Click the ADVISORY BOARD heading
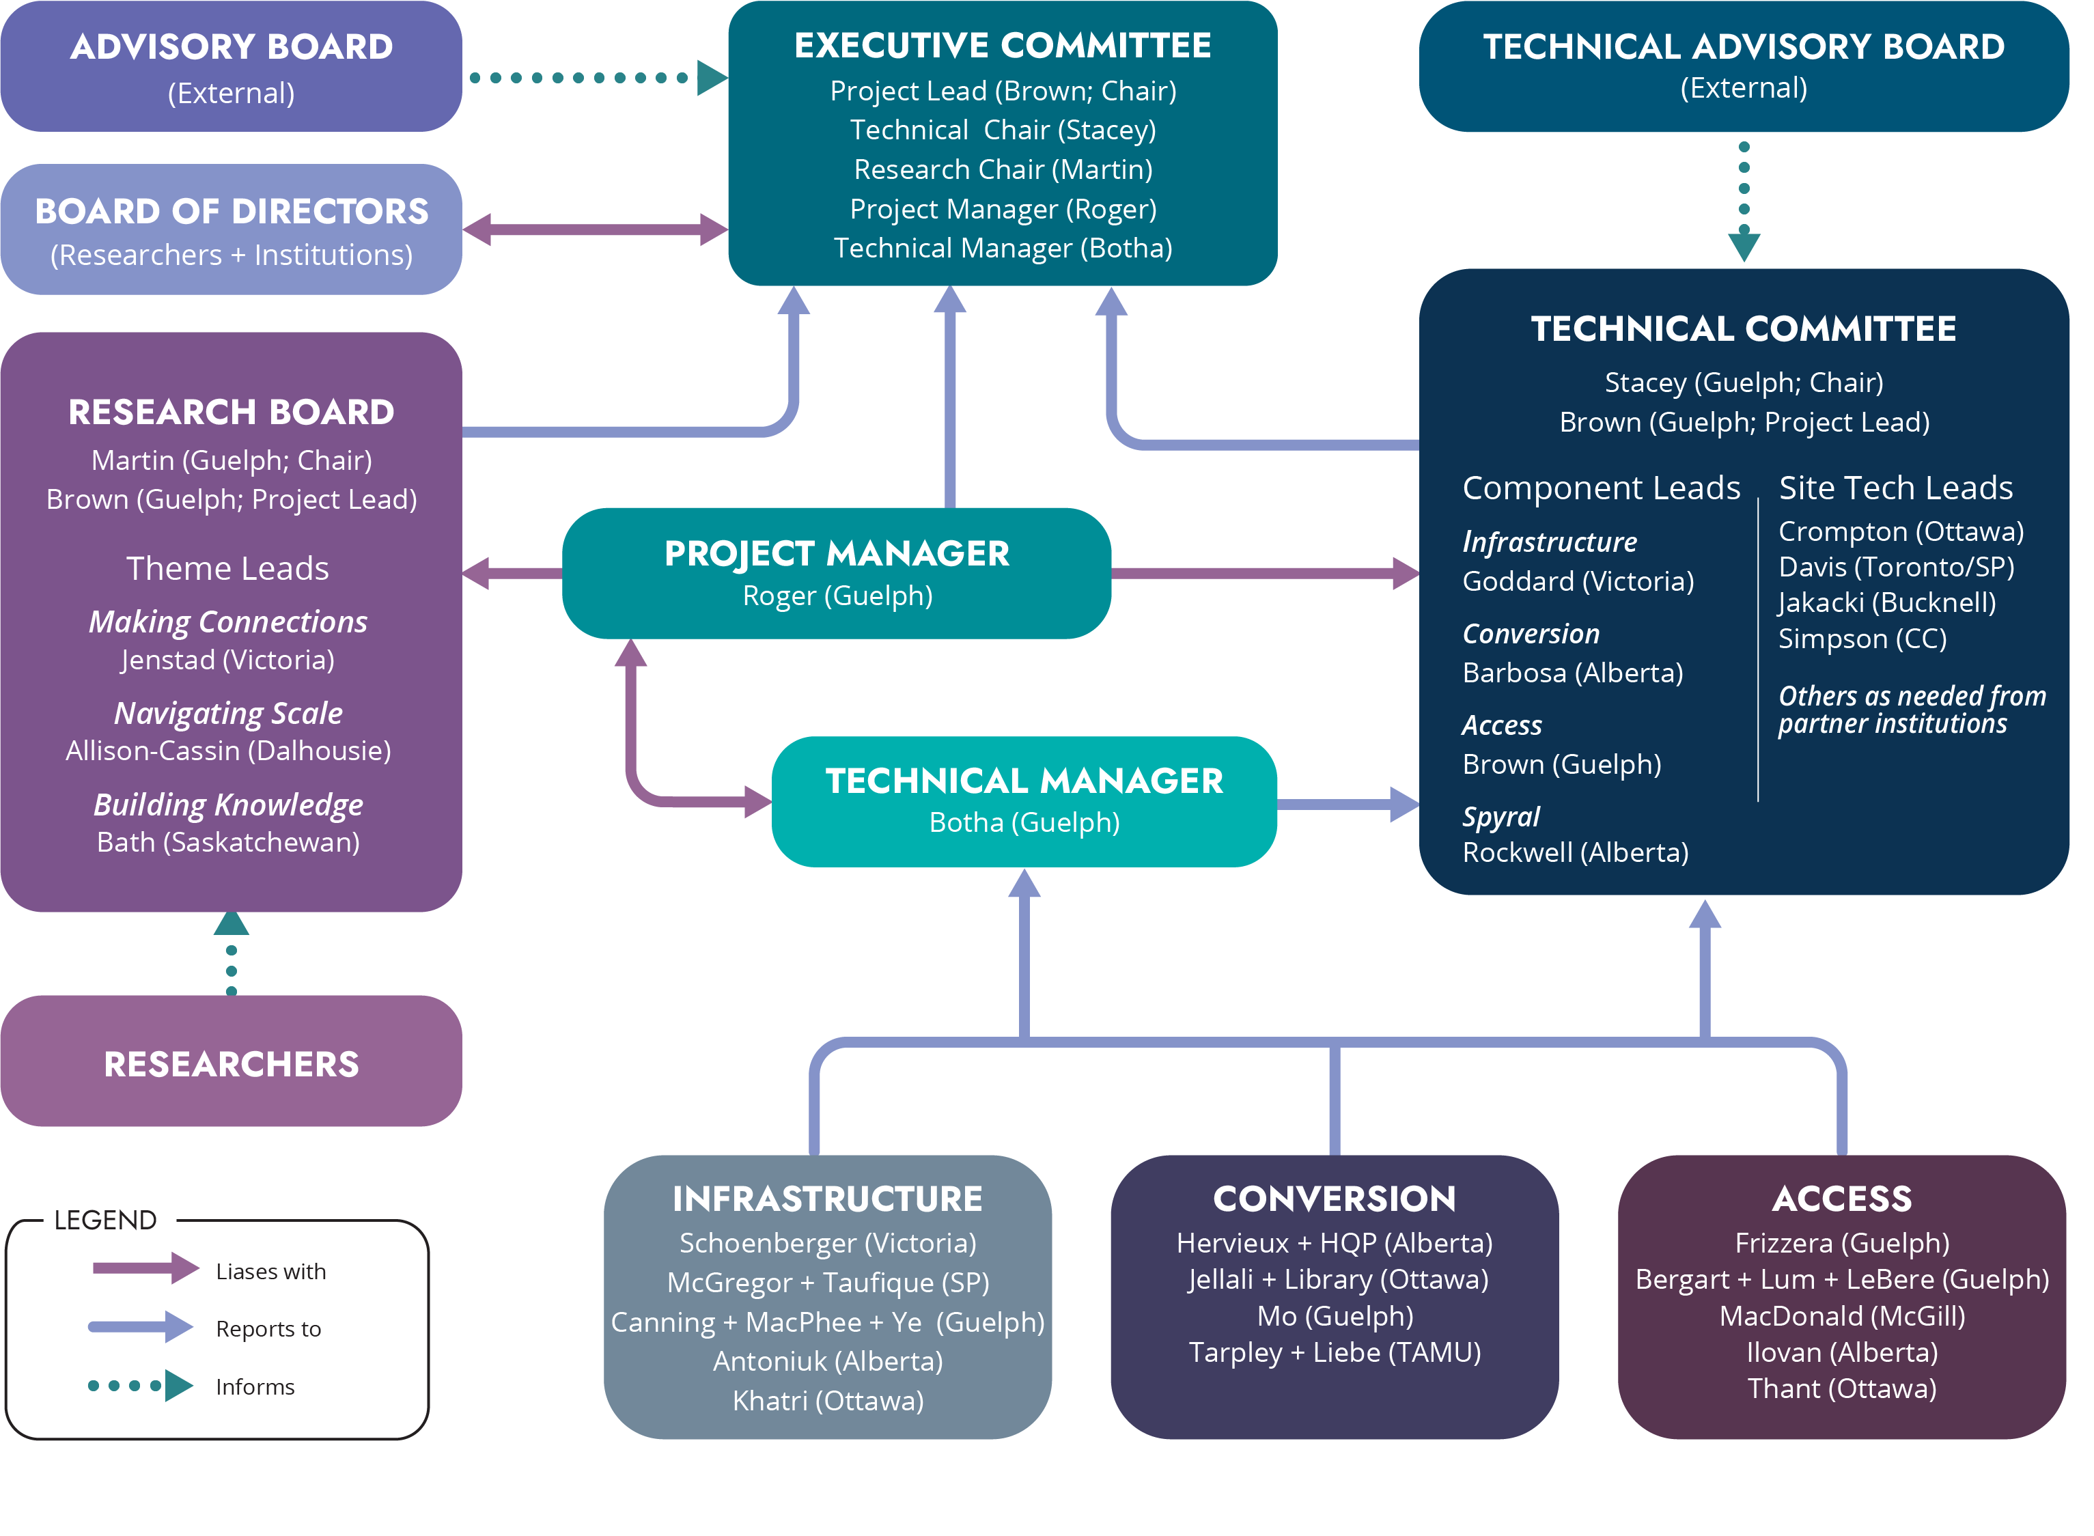coord(231,46)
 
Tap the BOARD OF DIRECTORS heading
coord(231,211)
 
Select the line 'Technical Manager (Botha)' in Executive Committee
coord(1003,248)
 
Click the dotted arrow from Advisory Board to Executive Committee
coord(595,78)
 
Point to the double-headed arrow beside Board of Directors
coord(595,229)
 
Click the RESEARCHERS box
coord(231,1063)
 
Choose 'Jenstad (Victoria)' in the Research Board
coord(228,660)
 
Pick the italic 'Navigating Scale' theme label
coord(228,713)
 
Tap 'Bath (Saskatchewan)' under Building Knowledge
coord(228,842)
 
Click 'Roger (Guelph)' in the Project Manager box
coord(837,596)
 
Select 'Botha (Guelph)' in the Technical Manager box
coord(1024,823)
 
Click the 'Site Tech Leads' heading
coord(1895,488)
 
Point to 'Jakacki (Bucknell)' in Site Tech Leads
coord(1886,602)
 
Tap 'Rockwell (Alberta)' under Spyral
coord(1575,852)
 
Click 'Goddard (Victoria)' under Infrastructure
coord(1578,581)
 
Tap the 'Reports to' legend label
coord(268,1328)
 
